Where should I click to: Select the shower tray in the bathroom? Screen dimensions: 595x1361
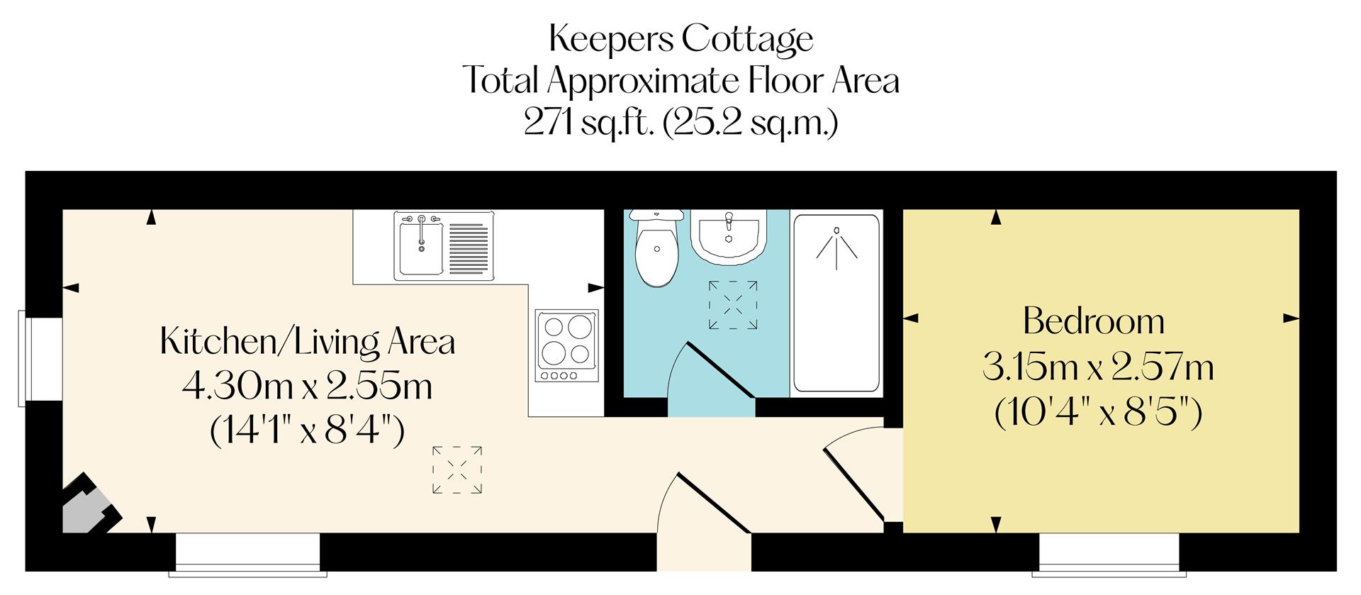(836, 304)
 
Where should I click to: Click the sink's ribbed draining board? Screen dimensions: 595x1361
(470, 248)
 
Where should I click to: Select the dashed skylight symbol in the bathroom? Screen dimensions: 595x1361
(733, 305)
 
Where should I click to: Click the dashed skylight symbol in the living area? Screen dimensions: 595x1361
(457, 469)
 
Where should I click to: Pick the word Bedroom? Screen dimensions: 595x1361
(1094, 322)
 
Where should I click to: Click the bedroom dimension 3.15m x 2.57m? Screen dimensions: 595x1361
(1098, 368)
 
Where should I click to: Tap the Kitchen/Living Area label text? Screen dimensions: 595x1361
(308, 343)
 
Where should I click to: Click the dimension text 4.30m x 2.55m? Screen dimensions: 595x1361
(308, 387)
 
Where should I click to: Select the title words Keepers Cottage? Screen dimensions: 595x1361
(680, 39)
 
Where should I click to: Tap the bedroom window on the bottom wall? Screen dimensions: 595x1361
(1109, 552)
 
